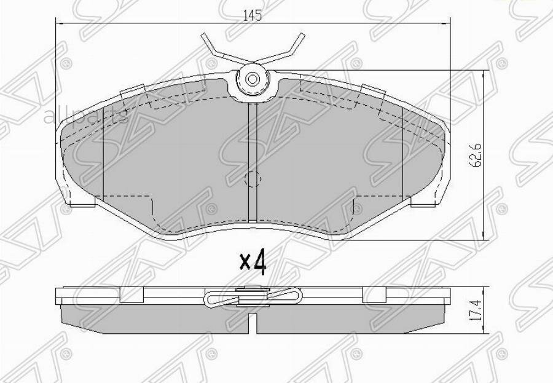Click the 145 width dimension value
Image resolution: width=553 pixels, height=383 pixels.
[x=252, y=16]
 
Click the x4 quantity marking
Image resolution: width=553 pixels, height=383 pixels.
[x=253, y=263]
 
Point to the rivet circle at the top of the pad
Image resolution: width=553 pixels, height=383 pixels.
[x=252, y=79]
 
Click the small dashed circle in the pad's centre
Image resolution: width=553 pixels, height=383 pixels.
[x=253, y=179]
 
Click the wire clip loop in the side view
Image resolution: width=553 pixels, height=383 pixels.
[x=252, y=298]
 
